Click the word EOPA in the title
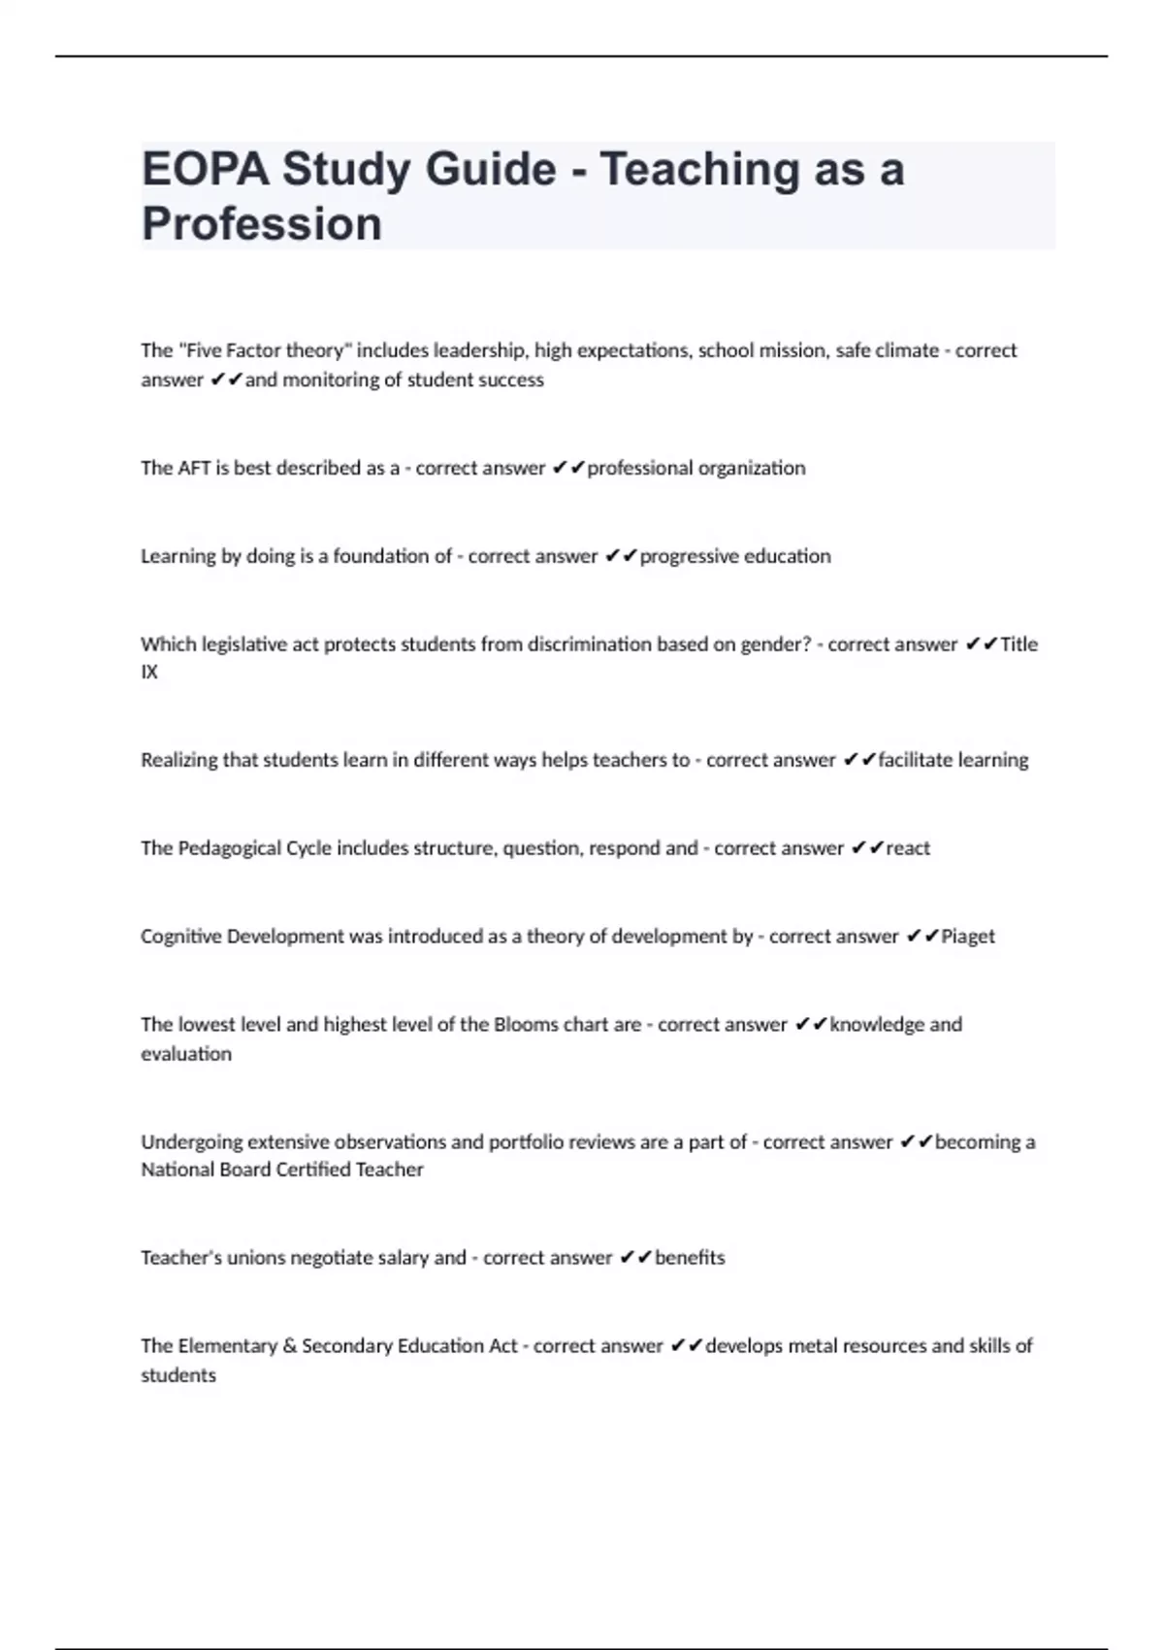click(x=205, y=169)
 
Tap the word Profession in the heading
click(x=262, y=224)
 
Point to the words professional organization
click(x=696, y=468)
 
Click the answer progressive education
click(x=735, y=556)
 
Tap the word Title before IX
click(x=1018, y=644)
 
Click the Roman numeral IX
click(x=149, y=672)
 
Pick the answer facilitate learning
click(x=953, y=760)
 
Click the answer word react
click(x=908, y=848)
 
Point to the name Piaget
click(x=968, y=937)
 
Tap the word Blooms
click(x=525, y=1024)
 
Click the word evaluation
click(x=186, y=1054)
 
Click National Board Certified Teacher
click(x=282, y=1170)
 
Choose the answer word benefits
click(x=690, y=1258)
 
